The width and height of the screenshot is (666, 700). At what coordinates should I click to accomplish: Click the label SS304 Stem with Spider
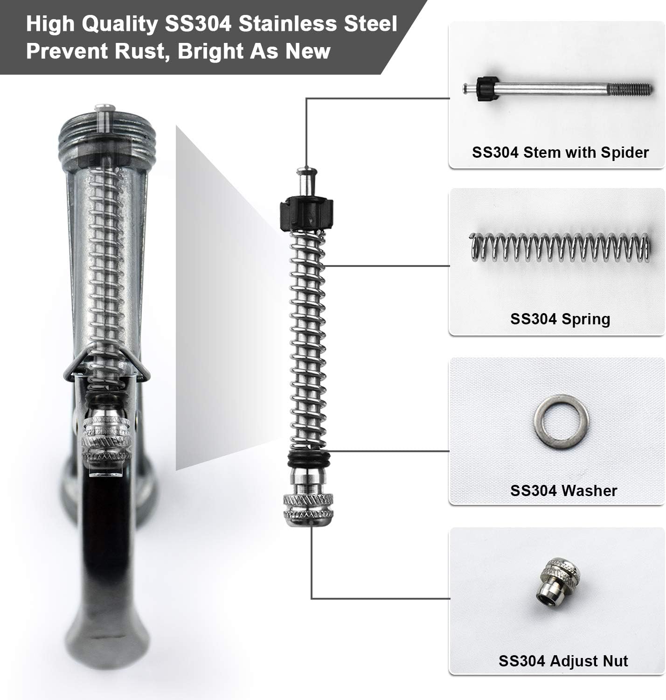coord(560,153)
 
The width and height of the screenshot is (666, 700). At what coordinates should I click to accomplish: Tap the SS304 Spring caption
coord(560,319)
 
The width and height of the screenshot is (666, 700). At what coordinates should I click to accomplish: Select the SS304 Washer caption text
coord(563,490)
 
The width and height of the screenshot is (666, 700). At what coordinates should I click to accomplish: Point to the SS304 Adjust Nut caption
coord(563,661)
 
